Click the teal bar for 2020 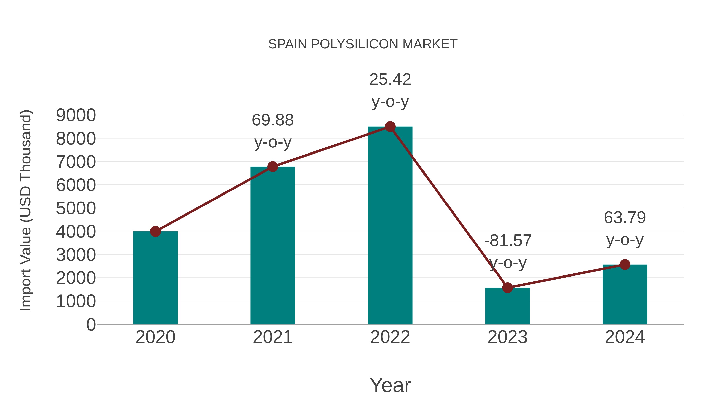click(x=155, y=278)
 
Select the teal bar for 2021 click(x=272, y=246)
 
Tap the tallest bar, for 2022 click(x=390, y=226)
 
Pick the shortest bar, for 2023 click(x=507, y=306)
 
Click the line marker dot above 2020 click(x=155, y=231)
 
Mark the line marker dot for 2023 click(x=507, y=288)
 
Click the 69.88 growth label click(x=272, y=120)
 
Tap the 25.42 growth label click(x=390, y=80)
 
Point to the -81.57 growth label click(x=508, y=241)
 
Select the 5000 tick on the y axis click(x=76, y=209)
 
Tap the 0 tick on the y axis click(x=91, y=324)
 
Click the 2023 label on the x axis click(x=507, y=337)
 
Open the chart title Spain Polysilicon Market click(x=363, y=44)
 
